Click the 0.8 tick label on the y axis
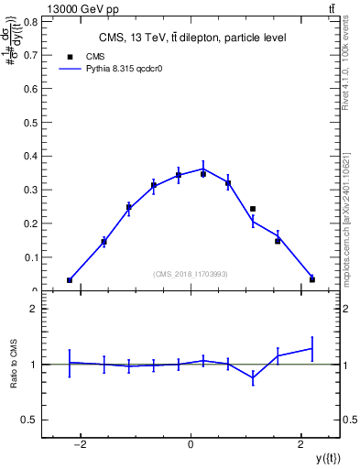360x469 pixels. coord(31,20)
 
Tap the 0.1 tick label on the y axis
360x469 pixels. coord(31,257)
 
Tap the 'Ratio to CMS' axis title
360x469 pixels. coord(14,365)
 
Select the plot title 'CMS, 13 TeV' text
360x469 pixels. coord(191,38)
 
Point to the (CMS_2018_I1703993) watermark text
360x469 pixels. coord(191,273)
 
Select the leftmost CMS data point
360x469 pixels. coord(70,280)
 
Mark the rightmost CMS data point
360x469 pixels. coord(312,279)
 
